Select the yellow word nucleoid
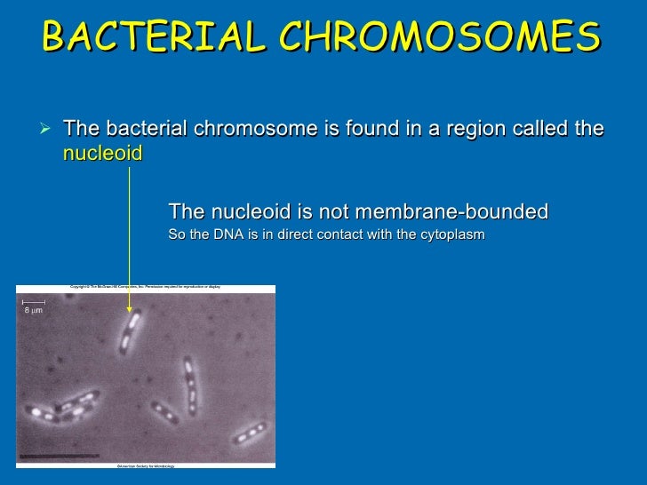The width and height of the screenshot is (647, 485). tap(102, 153)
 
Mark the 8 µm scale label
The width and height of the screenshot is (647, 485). tap(31, 311)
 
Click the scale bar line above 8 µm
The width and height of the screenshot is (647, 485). tap(34, 302)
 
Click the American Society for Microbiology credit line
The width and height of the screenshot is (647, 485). tap(146, 465)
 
